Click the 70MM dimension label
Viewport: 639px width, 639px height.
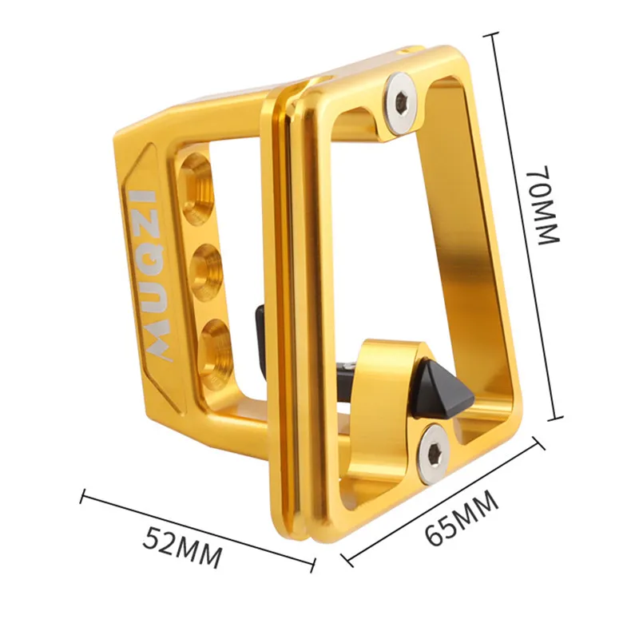(544, 206)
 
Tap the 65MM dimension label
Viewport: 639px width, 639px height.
(462, 518)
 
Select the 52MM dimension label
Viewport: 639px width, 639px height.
(182, 547)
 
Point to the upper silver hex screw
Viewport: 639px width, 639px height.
(401, 104)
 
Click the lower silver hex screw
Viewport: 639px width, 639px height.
(434, 454)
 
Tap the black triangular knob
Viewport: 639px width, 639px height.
(443, 389)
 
